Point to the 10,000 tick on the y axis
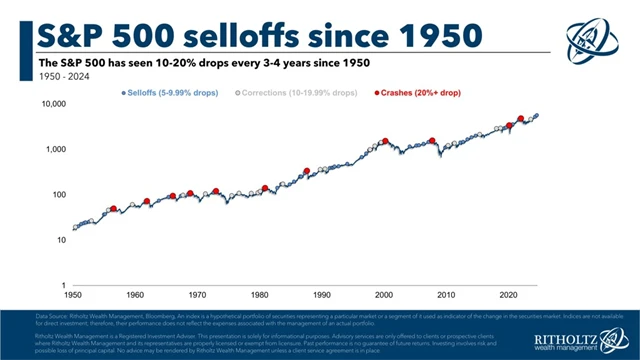coord(52,104)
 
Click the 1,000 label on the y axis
coord(54,149)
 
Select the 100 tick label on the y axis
coord(57,194)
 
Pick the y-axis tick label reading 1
coord(62,285)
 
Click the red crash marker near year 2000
coord(384,141)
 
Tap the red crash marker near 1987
coord(306,171)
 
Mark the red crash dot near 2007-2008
coord(432,141)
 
